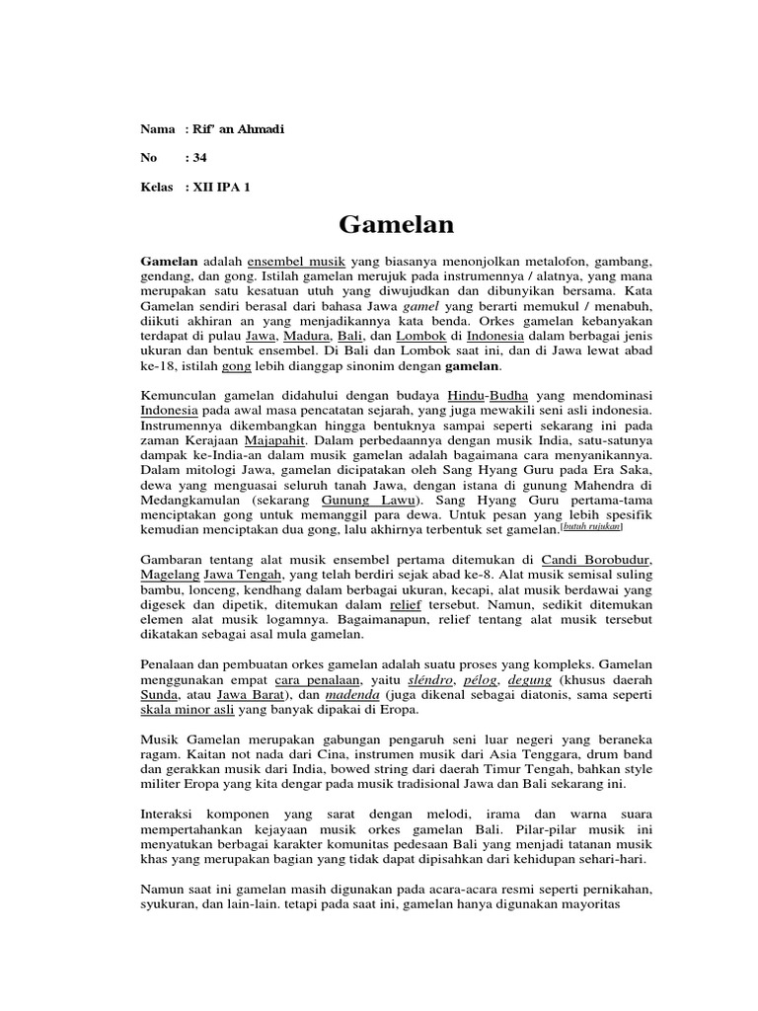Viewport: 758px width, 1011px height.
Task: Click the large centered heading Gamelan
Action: [x=396, y=225]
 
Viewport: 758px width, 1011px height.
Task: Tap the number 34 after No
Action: [x=199, y=158]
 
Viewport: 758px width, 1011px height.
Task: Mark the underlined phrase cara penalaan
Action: [x=286, y=680]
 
